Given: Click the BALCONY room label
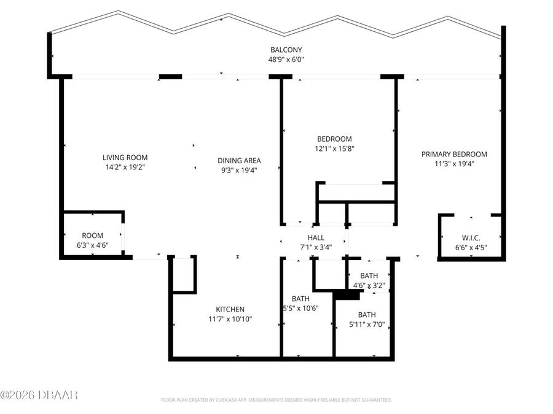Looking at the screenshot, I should (286, 50).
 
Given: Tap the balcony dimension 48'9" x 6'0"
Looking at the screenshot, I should (286, 59).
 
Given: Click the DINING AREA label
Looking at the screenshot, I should (237, 161).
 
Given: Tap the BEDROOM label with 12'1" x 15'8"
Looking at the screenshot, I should (334, 139).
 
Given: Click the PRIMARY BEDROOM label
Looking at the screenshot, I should (454, 154).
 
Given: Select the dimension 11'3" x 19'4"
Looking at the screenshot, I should (454, 164).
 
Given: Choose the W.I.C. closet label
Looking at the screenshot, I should (471, 237).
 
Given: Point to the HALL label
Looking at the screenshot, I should (316, 237).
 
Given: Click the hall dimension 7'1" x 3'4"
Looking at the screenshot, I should (316, 247).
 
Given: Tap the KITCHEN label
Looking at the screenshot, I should (230, 309).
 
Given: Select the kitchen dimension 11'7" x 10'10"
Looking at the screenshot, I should (230, 319).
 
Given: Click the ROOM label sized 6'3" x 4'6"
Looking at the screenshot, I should (93, 236).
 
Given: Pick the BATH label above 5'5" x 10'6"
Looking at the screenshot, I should (300, 299).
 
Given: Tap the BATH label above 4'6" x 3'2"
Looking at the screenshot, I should (369, 275).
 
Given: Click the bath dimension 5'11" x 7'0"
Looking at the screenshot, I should (367, 324).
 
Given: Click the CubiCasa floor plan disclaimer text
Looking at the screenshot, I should (276, 400).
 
